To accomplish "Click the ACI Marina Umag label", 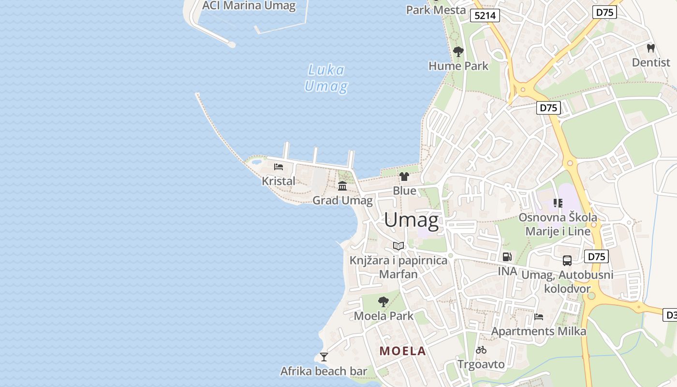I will point(249,6).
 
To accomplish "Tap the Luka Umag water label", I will point(326,78).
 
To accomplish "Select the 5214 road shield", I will point(485,15).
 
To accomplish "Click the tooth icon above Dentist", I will point(650,48).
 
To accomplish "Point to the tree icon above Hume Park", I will point(458,51).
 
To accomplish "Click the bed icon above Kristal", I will point(278,167).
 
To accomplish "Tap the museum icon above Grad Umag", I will point(342,186).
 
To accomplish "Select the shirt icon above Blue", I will point(404,176).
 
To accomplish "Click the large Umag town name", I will point(412,220).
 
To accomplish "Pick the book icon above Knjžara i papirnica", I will point(398,246).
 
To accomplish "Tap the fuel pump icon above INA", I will point(507,257).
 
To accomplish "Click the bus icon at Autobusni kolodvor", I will point(567,261).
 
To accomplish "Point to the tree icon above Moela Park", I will point(383,302).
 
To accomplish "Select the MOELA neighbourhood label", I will point(403,351).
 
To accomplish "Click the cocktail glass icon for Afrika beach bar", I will point(324,357).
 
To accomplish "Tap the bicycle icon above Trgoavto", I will point(481,350).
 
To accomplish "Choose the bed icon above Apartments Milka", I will point(539,317).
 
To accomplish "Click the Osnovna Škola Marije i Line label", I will point(558,224).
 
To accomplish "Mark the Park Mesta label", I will point(436,10).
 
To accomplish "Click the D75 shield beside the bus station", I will point(596,256).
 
